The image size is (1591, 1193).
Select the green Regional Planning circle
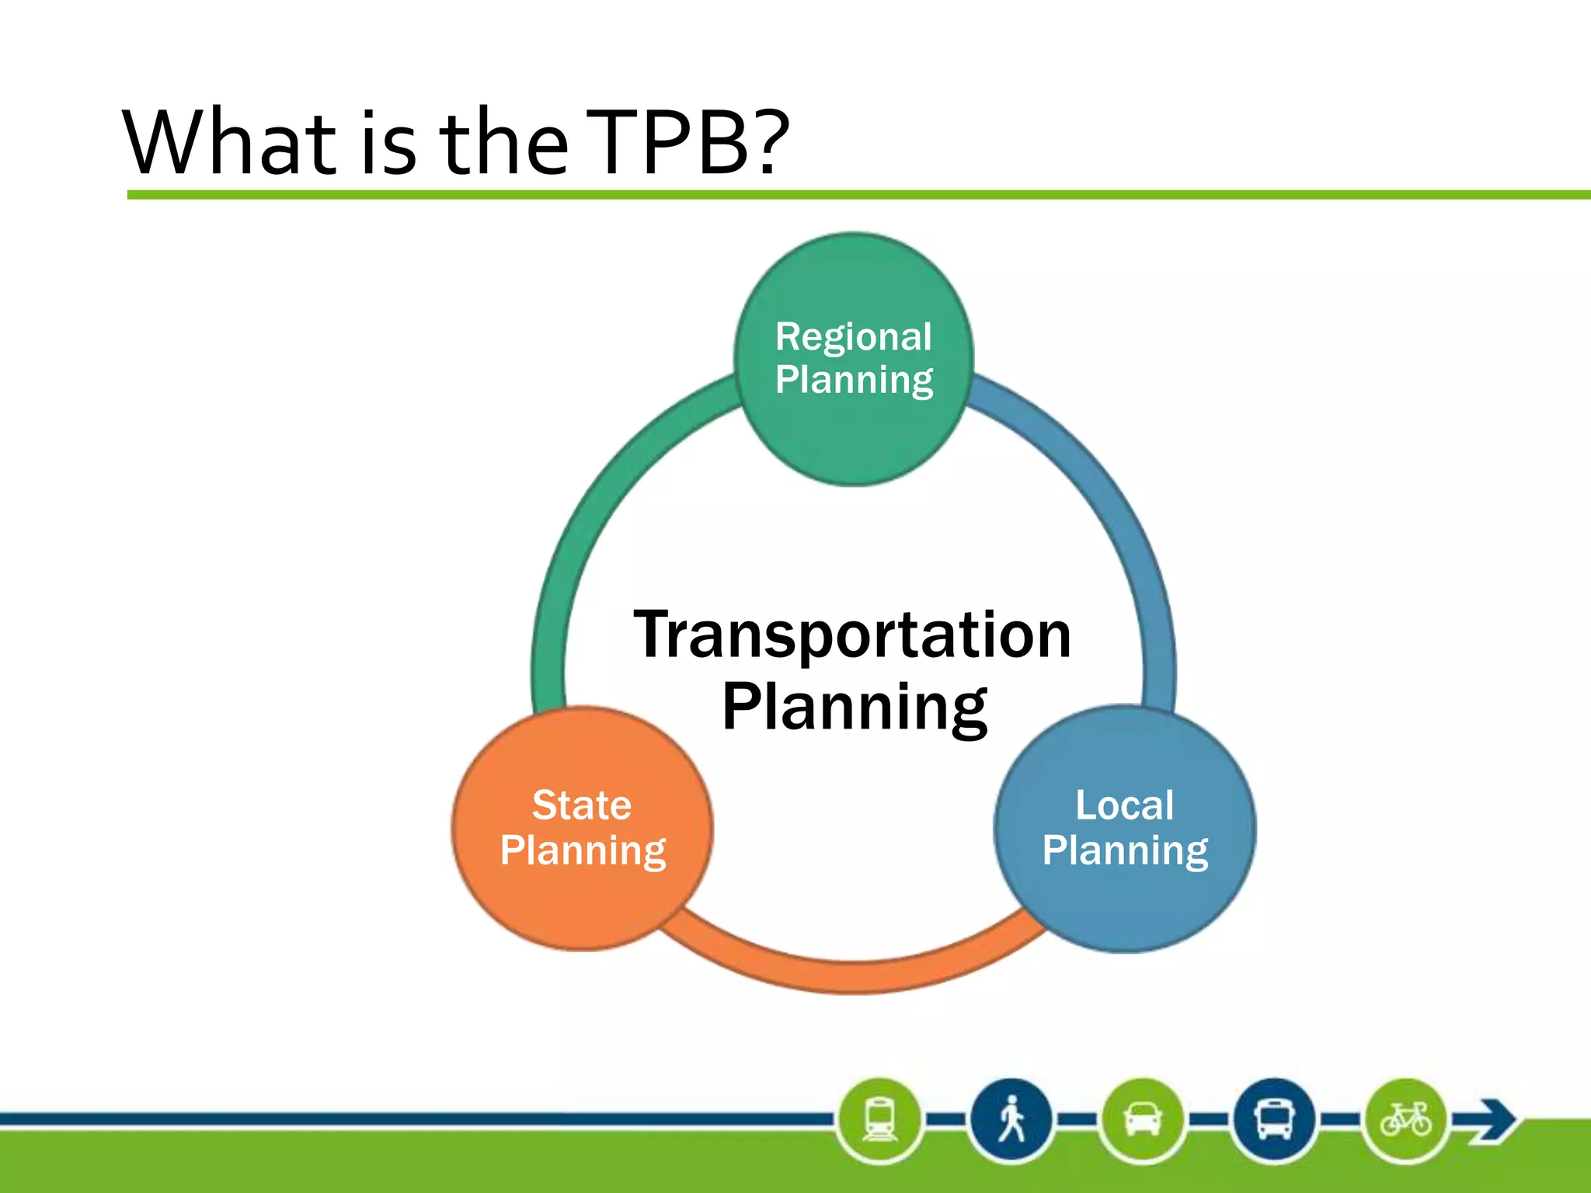pos(853,435)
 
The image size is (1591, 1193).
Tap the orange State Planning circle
pos(582,901)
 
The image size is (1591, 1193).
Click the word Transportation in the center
pos(853,635)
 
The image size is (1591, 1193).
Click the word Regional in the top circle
pos(853,338)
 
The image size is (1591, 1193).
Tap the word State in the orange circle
pos(582,805)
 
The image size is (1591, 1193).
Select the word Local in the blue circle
pos(1124,805)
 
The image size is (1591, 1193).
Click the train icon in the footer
pos(880,1120)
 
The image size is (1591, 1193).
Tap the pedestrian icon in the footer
pos(1011,1120)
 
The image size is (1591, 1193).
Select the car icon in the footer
pos(1142,1120)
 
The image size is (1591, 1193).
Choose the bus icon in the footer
pos(1274,1120)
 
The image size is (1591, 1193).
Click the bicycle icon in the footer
pos(1405,1120)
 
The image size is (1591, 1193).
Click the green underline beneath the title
pos(855,195)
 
